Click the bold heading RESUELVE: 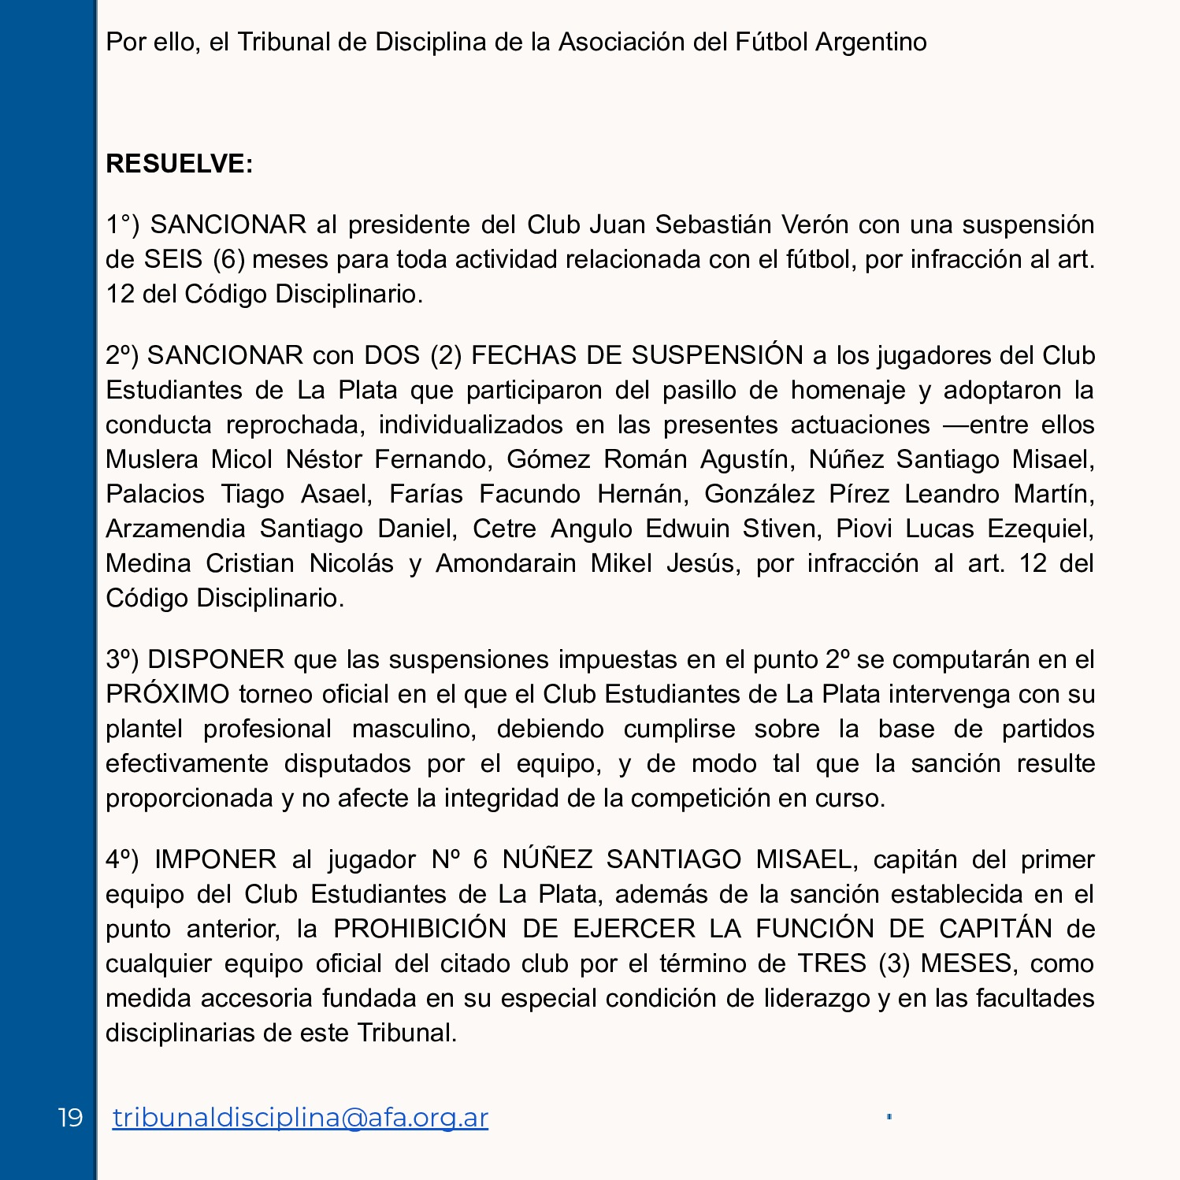coord(180,164)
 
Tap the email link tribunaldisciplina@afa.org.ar coord(300,1117)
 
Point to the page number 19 coord(70,1117)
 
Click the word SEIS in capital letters coord(173,259)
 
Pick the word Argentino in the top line coord(870,42)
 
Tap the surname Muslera coord(151,459)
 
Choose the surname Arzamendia coord(176,529)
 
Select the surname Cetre coord(504,529)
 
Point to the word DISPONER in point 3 coord(216,659)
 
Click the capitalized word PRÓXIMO coord(167,694)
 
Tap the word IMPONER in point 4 coord(215,859)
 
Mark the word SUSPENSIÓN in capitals coord(717,355)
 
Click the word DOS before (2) coord(391,355)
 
